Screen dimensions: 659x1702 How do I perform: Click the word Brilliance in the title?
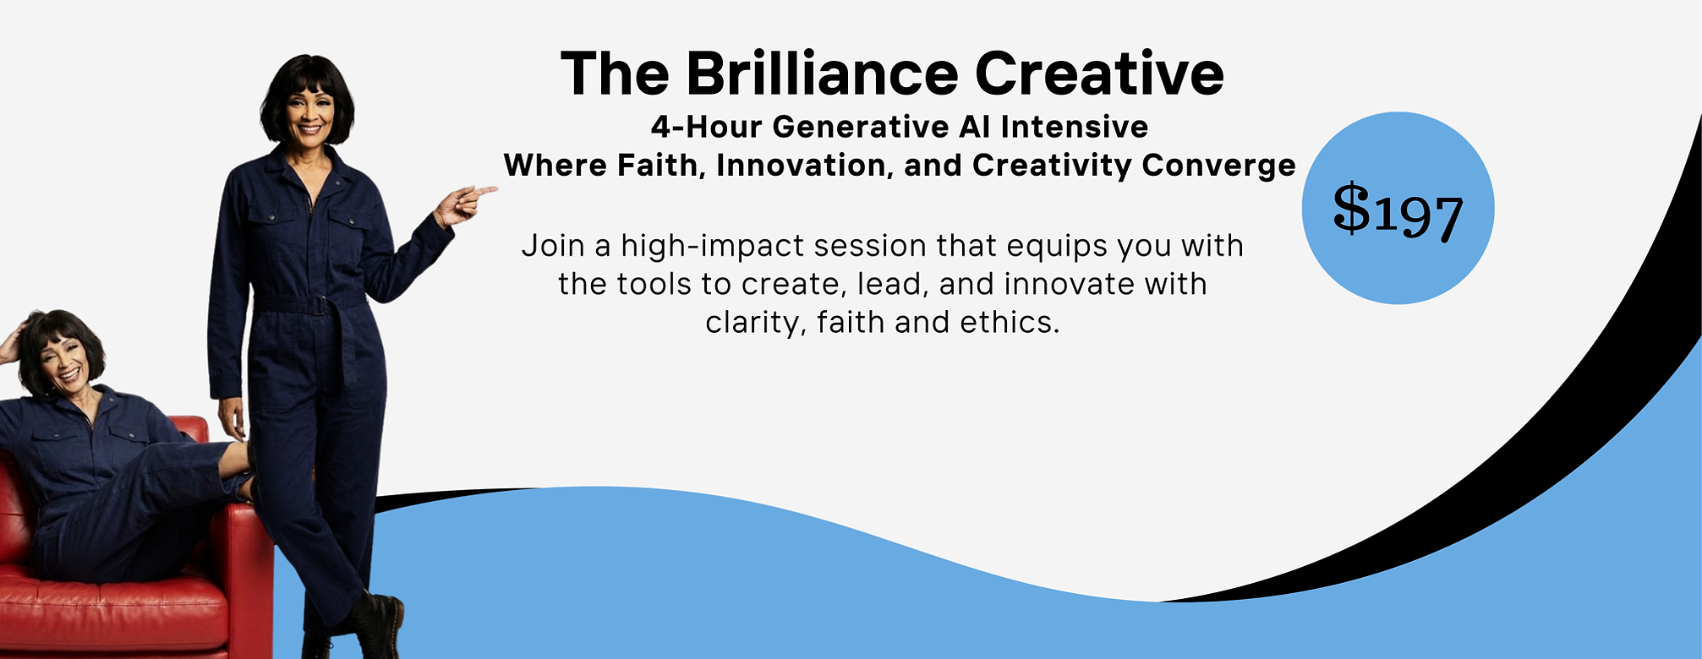pos(821,74)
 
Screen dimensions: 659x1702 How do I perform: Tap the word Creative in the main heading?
pos(1098,74)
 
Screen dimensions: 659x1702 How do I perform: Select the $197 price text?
pos(1398,210)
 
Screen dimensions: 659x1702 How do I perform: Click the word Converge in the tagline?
pos(1218,166)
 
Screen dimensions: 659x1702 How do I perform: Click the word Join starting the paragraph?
pos(553,246)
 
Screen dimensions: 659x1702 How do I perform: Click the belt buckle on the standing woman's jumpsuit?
pos(319,305)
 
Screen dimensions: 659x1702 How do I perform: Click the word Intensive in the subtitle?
pos(1074,128)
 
